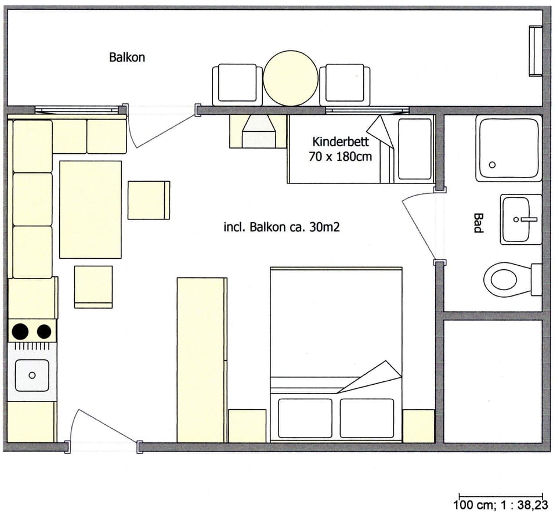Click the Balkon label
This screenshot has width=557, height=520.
click(x=126, y=57)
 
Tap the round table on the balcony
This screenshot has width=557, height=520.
click(x=291, y=78)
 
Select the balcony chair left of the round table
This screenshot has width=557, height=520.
click(x=237, y=84)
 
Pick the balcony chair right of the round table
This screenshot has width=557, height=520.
click(x=345, y=84)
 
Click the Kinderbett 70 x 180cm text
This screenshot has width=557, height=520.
click(x=342, y=149)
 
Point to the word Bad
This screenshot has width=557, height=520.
click(x=478, y=223)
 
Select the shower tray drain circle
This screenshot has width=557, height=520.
click(x=492, y=165)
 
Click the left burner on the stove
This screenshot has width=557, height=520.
click(x=20, y=331)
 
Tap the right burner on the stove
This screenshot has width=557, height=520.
click(x=44, y=331)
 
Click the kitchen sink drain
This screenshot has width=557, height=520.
click(x=31, y=375)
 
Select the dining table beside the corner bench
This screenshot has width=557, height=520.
click(x=90, y=210)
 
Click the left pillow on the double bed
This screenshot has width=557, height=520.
click(x=305, y=418)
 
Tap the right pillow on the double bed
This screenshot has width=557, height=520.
click(x=366, y=418)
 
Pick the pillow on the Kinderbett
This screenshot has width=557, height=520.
click(x=415, y=149)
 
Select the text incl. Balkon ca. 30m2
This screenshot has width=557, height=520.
click(x=281, y=228)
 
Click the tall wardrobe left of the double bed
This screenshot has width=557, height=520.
click(x=201, y=360)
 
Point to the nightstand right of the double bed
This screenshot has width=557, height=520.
click(x=418, y=426)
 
